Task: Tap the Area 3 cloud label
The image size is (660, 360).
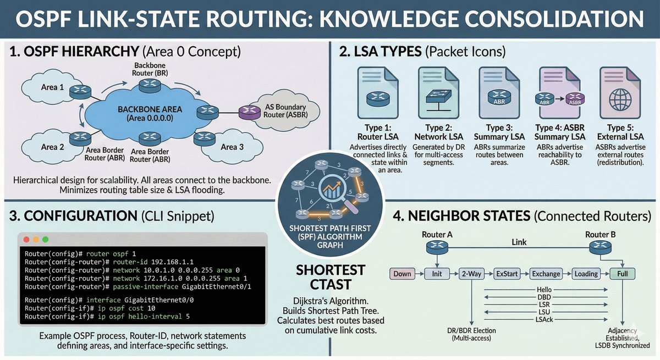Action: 232,147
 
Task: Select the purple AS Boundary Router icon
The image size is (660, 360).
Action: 246,112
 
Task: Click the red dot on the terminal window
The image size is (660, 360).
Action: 26,240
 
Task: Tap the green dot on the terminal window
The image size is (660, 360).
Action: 45,240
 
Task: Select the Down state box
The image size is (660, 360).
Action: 402,274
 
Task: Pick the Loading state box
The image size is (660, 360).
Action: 586,274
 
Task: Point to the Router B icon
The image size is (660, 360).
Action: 601,247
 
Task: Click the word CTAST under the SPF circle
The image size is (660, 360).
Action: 330,284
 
